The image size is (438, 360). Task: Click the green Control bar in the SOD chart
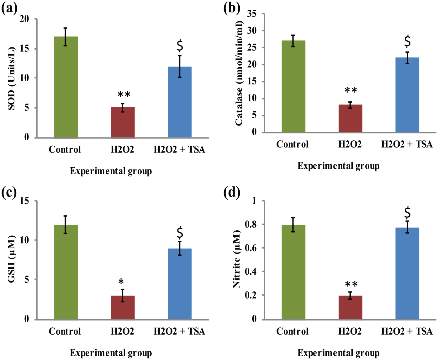pyautogui.click(x=66, y=87)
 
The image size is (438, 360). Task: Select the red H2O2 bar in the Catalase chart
pyautogui.click(x=350, y=118)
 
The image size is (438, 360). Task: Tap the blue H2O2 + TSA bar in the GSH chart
pyautogui.click(x=180, y=284)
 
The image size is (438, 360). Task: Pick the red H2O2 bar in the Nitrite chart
pyautogui.click(x=350, y=307)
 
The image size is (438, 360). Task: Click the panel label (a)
pyautogui.click(x=9, y=9)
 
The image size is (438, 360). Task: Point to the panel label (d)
pyautogui.click(x=232, y=193)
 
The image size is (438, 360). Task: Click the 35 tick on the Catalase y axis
pyautogui.click(x=252, y=14)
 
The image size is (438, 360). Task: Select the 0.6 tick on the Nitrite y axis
pyautogui.click(x=251, y=248)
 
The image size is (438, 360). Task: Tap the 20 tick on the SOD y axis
pyautogui.click(x=24, y=19)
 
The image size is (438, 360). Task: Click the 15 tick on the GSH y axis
pyautogui.click(x=24, y=201)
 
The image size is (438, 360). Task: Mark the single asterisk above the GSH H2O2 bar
pyautogui.click(x=121, y=282)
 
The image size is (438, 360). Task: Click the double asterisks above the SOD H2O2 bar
pyautogui.click(x=124, y=94)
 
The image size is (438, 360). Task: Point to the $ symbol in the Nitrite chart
pyautogui.click(x=408, y=212)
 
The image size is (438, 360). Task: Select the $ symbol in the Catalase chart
pyautogui.click(x=408, y=41)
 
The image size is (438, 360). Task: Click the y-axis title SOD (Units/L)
pyautogui.click(x=12, y=78)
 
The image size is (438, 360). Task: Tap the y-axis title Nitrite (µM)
pyautogui.click(x=236, y=259)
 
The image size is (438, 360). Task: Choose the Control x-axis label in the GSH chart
pyautogui.click(x=65, y=331)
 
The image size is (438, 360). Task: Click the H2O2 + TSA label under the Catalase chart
pyautogui.click(x=407, y=144)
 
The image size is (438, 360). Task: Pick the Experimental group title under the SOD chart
pyautogui.click(x=111, y=171)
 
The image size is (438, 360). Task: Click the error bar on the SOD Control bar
pyautogui.click(x=66, y=37)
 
